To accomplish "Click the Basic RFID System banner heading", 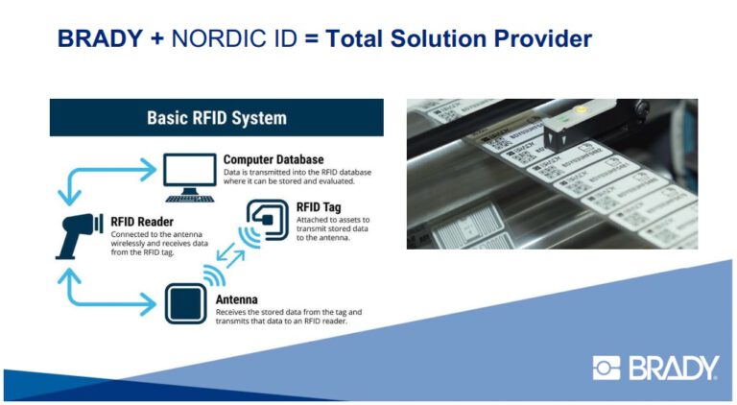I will [x=216, y=118].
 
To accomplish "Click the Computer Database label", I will [x=273, y=158].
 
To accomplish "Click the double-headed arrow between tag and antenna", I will [x=231, y=260].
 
